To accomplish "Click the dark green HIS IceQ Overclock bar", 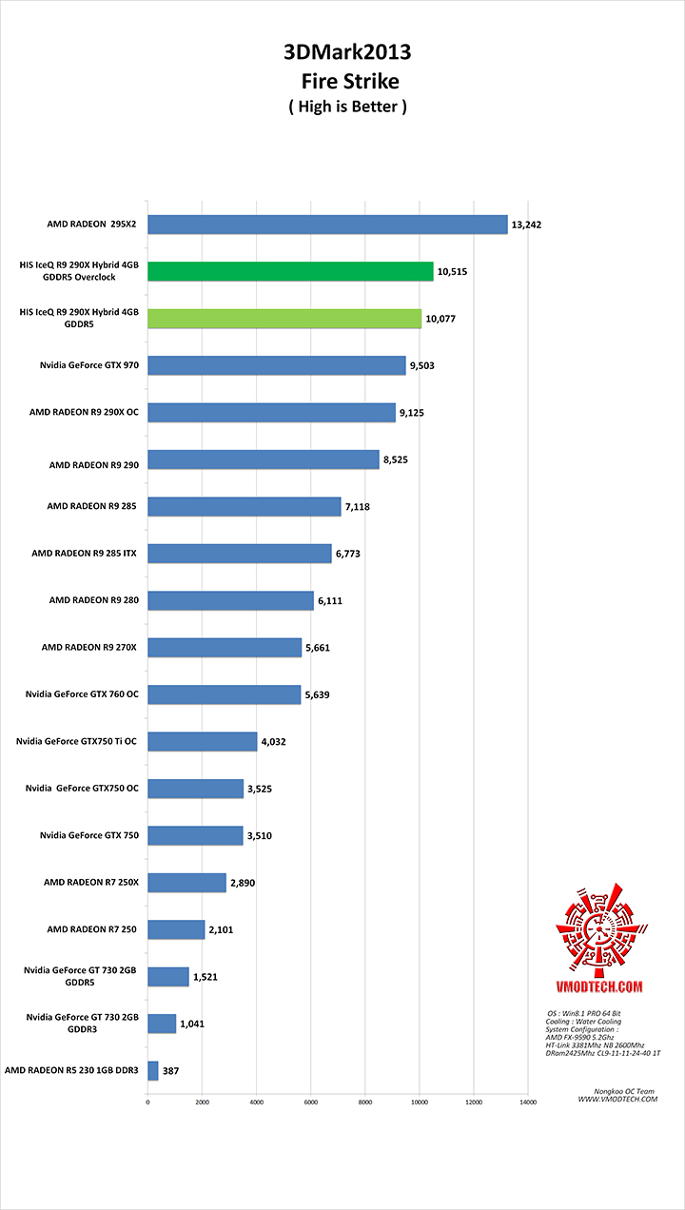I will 290,271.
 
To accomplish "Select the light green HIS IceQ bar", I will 284,319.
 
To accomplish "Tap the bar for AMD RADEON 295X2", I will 327,224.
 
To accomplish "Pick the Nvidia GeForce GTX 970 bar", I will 277,365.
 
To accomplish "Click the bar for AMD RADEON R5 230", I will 153,1070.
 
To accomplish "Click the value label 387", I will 172,1071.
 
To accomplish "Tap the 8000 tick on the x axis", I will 365,1102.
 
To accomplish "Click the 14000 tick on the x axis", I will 527,1102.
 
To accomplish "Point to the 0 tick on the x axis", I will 147,1102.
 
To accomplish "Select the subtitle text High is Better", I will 347,107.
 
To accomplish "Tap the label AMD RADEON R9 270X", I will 89,647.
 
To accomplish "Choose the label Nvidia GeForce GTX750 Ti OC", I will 78,741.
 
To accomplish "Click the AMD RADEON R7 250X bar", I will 186,883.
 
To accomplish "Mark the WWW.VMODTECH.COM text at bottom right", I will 617,1099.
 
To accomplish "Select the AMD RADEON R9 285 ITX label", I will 84,553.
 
